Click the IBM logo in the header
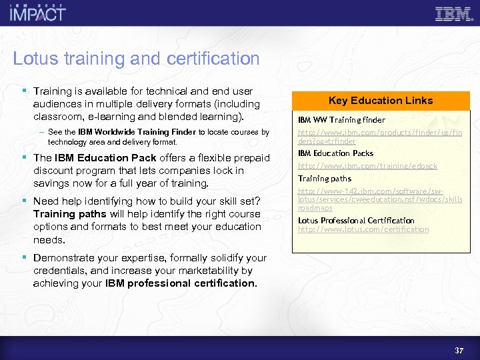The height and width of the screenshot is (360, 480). (453, 14)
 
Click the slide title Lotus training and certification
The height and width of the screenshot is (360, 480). (136, 59)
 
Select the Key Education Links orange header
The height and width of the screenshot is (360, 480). (381, 101)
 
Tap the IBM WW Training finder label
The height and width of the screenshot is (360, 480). (341, 120)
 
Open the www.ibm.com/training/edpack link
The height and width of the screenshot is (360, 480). (367, 166)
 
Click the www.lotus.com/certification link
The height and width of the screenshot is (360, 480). (363, 230)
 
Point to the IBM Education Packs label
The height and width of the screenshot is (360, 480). (335, 153)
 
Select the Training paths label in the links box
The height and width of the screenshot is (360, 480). (324, 179)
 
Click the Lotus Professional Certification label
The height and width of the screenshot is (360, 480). (356, 221)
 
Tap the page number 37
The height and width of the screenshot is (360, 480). (459, 350)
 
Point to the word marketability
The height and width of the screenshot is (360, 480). (209, 271)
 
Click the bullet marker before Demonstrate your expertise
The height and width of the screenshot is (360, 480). (25, 257)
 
